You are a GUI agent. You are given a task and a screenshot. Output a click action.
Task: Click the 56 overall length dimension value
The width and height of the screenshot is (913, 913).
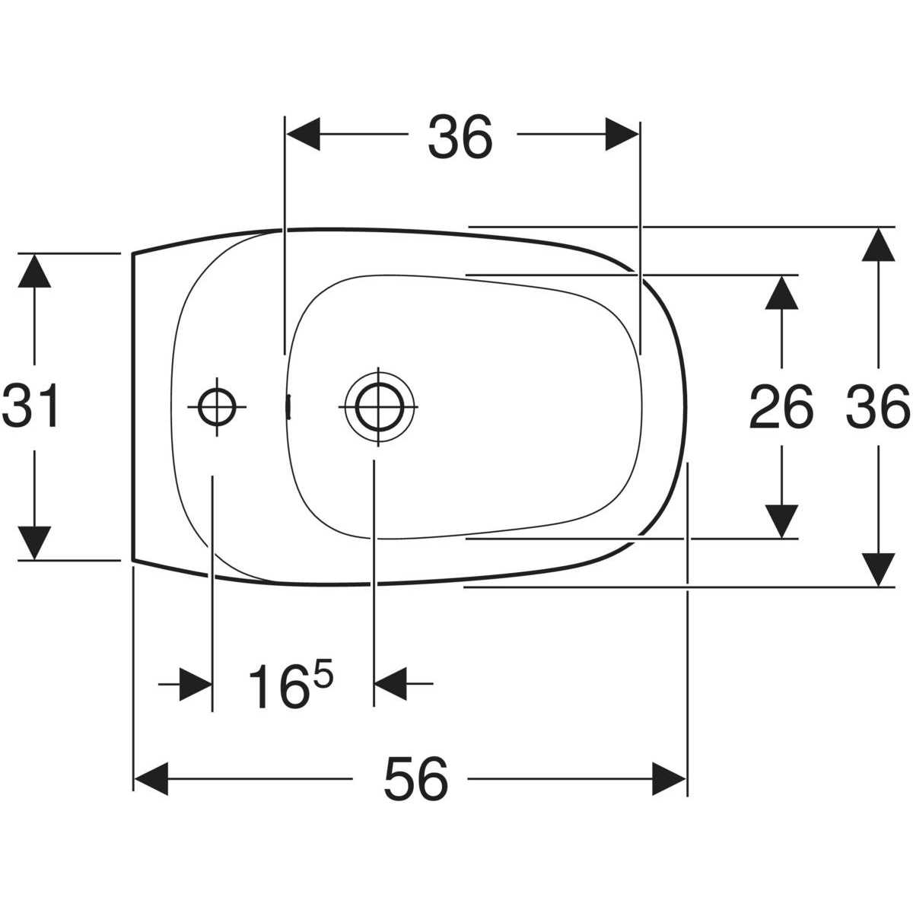pyautogui.click(x=416, y=779)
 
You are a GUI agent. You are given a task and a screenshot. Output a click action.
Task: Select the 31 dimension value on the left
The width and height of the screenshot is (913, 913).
pyautogui.click(x=31, y=405)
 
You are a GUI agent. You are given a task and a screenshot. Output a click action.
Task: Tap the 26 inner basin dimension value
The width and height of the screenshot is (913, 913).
pyautogui.click(x=781, y=406)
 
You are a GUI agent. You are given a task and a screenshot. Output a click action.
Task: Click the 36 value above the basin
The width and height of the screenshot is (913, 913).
pyautogui.click(x=460, y=137)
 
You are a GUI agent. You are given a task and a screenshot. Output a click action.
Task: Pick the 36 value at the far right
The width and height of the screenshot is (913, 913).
pyautogui.click(x=877, y=406)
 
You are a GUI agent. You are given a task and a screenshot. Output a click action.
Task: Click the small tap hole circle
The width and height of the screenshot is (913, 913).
pyautogui.click(x=217, y=406)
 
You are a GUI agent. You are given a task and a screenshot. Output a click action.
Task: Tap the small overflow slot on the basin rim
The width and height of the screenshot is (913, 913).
pyautogui.click(x=288, y=406)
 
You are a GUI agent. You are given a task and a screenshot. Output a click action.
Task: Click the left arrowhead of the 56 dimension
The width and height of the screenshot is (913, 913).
pyautogui.click(x=151, y=779)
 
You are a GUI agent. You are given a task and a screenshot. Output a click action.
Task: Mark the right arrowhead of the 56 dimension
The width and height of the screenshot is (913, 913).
pyautogui.click(x=669, y=779)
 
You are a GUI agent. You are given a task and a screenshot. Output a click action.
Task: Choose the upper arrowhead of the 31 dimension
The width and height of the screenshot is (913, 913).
pyautogui.click(x=34, y=271)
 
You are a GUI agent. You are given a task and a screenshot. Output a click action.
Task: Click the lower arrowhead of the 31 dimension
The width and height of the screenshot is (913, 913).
pyautogui.click(x=34, y=542)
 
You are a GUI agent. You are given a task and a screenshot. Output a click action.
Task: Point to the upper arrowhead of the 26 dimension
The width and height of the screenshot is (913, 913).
pyautogui.click(x=782, y=292)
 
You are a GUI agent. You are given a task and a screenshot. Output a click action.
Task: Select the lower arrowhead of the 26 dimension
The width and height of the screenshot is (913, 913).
pyautogui.click(x=782, y=522)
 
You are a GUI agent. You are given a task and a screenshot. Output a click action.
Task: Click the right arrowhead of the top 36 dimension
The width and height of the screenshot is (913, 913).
pyautogui.click(x=622, y=134)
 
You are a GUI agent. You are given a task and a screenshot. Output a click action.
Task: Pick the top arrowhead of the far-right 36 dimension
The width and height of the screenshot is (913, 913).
pyautogui.click(x=879, y=245)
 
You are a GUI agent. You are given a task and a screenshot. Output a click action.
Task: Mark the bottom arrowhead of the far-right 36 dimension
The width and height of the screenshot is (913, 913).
pyautogui.click(x=879, y=570)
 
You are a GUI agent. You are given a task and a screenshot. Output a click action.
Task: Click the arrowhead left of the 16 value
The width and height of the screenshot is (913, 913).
pyautogui.click(x=196, y=684)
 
